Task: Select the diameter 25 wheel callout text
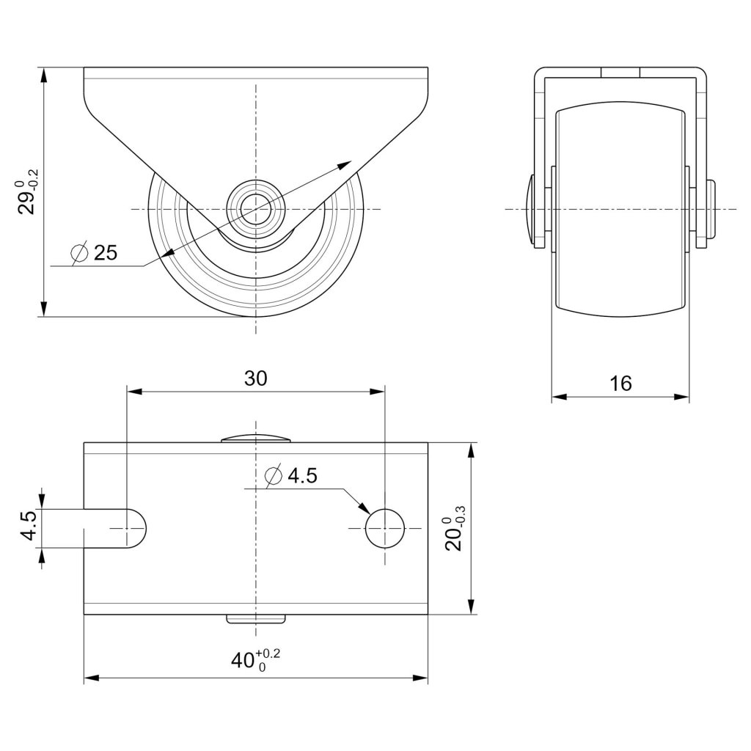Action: (x=94, y=252)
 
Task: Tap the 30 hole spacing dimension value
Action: (x=255, y=378)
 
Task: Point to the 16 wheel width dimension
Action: (x=620, y=383)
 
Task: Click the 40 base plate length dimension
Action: (x=256, y=661)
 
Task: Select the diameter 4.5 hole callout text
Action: (x=290, y=475)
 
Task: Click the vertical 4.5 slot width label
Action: (x=29, y=526)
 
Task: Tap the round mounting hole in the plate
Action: (x=384, y=528)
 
